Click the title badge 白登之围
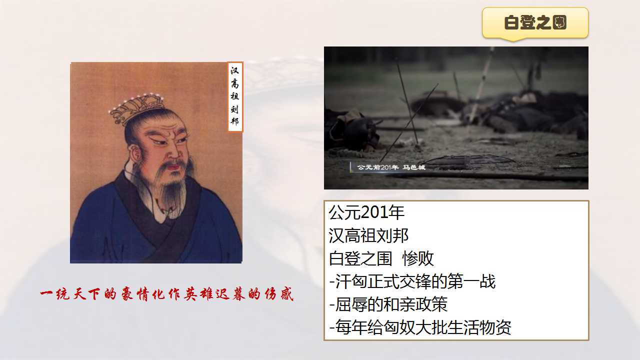click(x=535, y=23)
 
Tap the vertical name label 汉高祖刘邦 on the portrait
click(x=235, y=97)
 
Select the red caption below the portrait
click(x=167, y=294)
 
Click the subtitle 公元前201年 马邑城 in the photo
click(x=391, y=167)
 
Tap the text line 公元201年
click(x=366, y=212)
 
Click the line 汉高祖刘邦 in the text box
click(x=368, y=235)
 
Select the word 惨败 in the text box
click(x=418, y=258)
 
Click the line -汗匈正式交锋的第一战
click(x=412, y=281)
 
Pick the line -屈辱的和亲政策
click(x=388, y=304)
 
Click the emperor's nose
click(x=173, y=153)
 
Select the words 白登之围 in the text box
click(x=360, y=258)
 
